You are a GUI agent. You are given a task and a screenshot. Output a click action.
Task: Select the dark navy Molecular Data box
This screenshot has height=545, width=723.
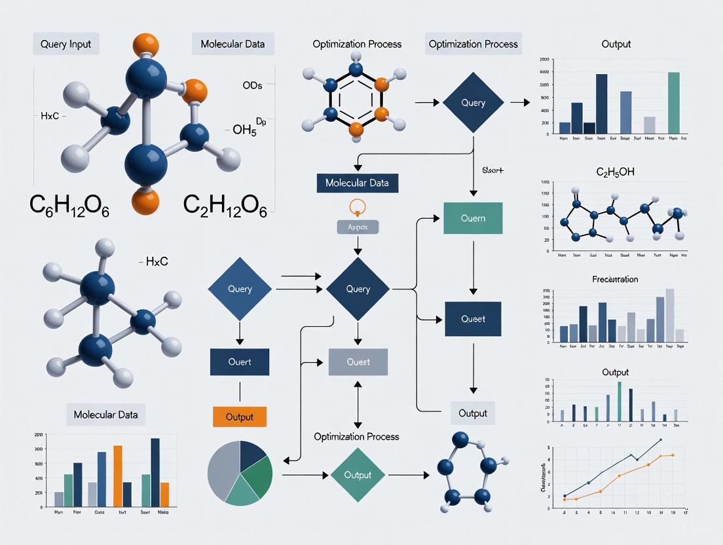357,183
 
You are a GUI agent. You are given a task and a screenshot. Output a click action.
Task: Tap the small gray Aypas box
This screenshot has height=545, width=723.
358,226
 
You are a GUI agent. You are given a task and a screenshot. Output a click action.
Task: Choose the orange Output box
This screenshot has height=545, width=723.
240,417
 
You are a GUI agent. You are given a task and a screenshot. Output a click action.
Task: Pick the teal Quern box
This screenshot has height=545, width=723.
473,219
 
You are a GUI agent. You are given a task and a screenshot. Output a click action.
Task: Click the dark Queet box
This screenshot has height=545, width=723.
473,319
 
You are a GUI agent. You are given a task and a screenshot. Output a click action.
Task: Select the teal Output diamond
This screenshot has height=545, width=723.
358,475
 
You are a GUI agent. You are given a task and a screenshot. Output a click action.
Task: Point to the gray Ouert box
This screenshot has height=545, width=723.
358,362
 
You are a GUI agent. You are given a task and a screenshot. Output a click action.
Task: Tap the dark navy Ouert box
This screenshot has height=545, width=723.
240,362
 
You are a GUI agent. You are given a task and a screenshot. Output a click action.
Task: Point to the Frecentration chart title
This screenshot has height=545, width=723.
615,279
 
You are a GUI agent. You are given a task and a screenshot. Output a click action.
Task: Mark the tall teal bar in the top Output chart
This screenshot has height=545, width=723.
673,102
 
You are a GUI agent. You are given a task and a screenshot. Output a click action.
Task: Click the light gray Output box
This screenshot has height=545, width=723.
473,413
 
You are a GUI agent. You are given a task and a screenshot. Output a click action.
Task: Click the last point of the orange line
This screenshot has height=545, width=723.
673,455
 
